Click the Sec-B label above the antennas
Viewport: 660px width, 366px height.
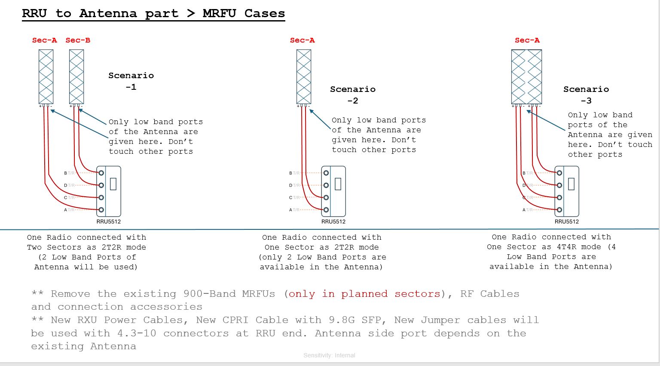[78, 40]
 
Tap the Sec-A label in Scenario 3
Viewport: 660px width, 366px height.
[527, 40]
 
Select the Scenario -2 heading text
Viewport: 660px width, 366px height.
[353, 95]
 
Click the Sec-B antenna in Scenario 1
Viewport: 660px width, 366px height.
[76, 76]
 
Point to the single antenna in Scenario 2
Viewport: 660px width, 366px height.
[304, 76]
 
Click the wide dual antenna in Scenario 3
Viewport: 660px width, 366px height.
[526, 76]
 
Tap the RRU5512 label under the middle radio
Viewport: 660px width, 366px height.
[333, 222]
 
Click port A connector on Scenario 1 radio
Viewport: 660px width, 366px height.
[101, 210]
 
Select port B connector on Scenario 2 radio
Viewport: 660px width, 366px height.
[326, 173]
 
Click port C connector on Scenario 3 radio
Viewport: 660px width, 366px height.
[559, 198]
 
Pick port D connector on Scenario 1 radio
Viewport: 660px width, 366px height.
[101, 185]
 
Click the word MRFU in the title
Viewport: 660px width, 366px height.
[219, 13]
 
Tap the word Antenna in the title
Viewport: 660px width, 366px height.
[108, 13]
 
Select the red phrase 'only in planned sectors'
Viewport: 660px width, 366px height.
[364, 294]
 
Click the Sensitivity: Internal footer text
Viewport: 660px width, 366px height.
[329, 355]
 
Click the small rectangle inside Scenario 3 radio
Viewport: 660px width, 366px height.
[571, 184]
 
